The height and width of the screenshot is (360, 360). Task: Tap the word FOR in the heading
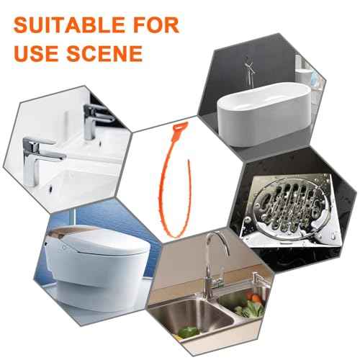153,26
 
